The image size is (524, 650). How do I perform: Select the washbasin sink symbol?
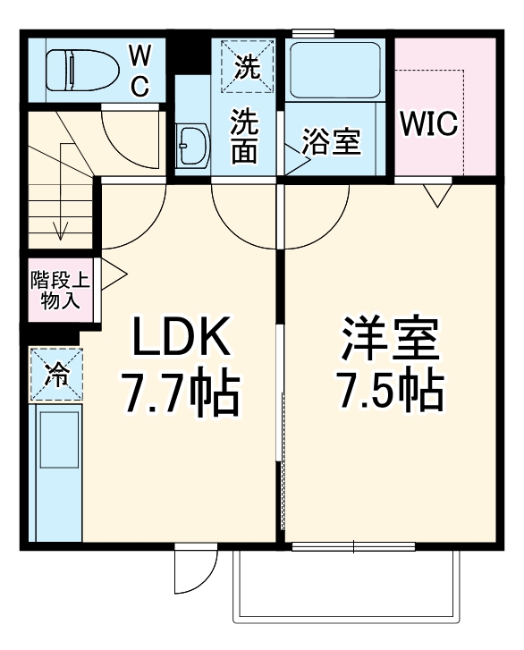coord(192,145)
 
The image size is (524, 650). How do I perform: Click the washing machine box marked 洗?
coord(248,66)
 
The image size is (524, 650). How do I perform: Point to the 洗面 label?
coord(244,136)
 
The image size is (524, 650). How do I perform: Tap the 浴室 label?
coord(331,142)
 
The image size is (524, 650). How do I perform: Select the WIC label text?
coord(428,123)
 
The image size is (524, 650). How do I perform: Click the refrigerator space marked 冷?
coord(56,375)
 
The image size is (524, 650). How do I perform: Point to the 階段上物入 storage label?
coord(61,291)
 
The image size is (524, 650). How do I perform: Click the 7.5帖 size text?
coord(392,389)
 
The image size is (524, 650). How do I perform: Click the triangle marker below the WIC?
coord(438,195)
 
